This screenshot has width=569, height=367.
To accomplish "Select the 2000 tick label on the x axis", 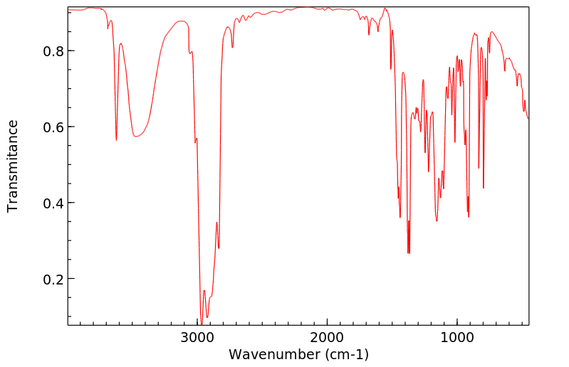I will pyautogui.click(x=327, y=337).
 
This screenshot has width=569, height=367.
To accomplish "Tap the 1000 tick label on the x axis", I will pyautogui.click(x=456, y=337).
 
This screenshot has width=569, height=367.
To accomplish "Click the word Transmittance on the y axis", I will pyautogui.click(x=13, y=166).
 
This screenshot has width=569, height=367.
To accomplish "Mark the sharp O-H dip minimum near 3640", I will pyautogui.click(x=116, y=140).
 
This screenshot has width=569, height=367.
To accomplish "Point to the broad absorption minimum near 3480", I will pyautogui.click(x=137, y=137).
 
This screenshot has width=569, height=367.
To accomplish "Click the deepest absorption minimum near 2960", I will pyautogui.click(x=202, y=324).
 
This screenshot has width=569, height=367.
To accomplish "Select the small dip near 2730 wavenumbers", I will pyautogui.click(x=232, y=48).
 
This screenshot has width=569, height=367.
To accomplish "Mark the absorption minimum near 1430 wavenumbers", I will pyautogui.click(x=400, y=217).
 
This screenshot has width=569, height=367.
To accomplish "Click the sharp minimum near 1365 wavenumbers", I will pyautogui.click(x=408, y=253).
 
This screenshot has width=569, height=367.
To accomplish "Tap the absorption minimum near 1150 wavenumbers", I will pyautogui.click(x=437, y=220).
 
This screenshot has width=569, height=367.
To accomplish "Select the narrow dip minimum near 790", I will pyautogui.click(x=484, y=188).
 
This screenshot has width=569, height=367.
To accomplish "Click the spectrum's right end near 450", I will pyautogui.click(x=528, y=118).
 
